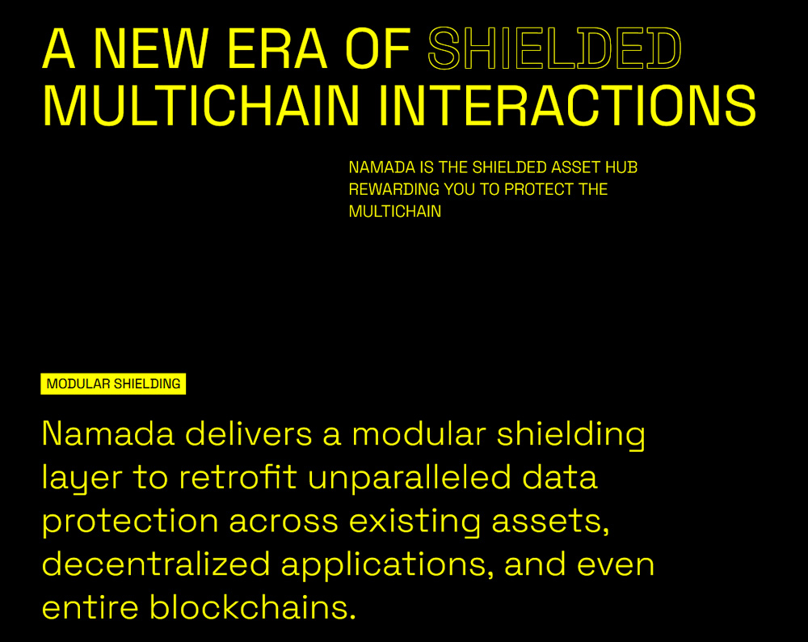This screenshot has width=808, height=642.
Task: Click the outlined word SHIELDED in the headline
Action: [x=554, y=49]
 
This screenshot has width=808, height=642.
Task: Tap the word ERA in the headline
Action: [x=276, y=49]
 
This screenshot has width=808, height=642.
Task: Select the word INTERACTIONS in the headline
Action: [x=567, y=105]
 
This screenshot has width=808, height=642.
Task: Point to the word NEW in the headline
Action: [x=150, y=49]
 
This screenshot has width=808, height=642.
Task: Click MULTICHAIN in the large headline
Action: [x=200, y=105]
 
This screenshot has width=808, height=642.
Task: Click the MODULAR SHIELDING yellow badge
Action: [x=113, y=383]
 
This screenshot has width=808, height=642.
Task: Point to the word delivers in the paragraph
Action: [x=248, y=433]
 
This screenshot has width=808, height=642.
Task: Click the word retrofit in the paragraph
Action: [x=238, y=477]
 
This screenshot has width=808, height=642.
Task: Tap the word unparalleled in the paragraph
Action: [x=410, y=479]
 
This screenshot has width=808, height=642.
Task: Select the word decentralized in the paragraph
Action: [x=156, y=564]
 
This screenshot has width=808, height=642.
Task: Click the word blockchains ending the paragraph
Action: [x=252, y=607]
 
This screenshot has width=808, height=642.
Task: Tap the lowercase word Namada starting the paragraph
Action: [x=108, y=433]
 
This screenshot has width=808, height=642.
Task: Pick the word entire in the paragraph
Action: [x=90, y=607]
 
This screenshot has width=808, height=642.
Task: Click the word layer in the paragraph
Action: [x=82, y=479]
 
